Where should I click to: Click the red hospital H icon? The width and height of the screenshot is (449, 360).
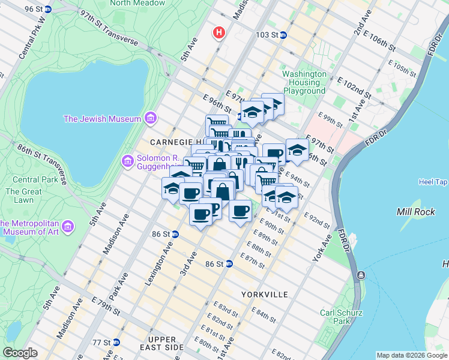pyautogui.click(x=220, y=32)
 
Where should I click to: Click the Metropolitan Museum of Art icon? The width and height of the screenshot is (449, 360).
pyautogui.click(x=68, y=227)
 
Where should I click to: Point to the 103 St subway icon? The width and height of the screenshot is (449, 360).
pyautogui.click(x=283, y=35)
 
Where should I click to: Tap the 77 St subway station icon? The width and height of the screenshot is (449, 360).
pyautogui.click(x=116, y=342)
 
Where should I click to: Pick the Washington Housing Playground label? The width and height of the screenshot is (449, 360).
pyautogui.click(x=304, y=82)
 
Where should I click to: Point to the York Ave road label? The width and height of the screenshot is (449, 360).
pyautogui.click(x=322, y=248)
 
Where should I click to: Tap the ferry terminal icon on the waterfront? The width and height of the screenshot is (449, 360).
pyautogui.click(x=361, y=275)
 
